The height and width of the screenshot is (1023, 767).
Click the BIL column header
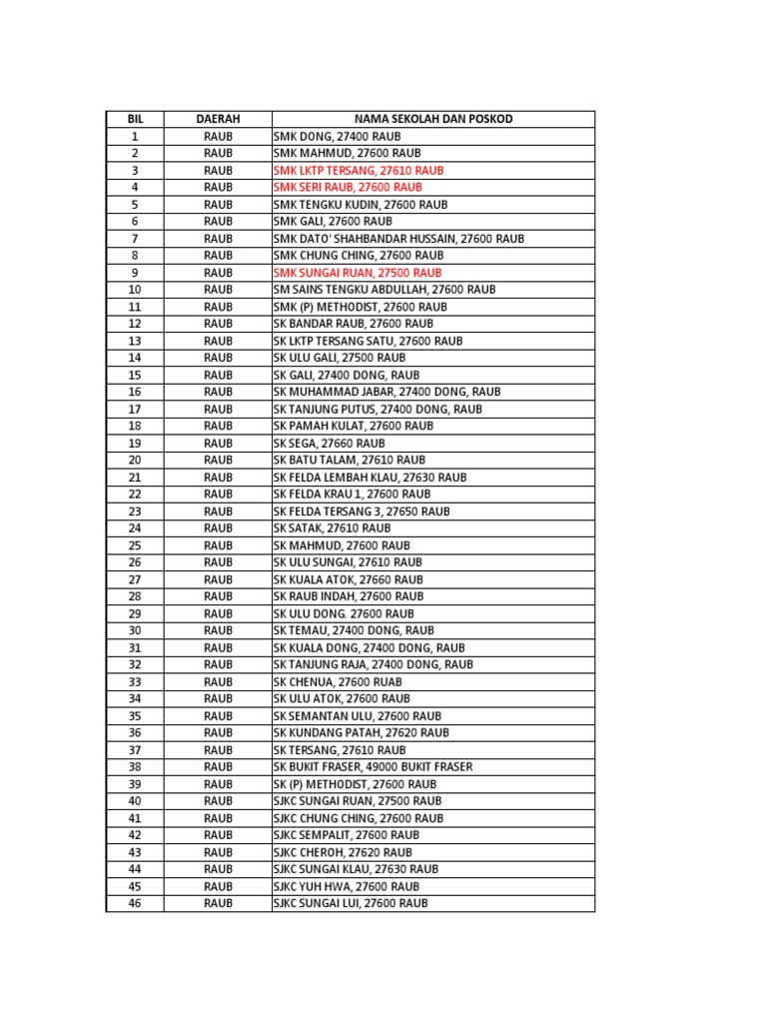[135, 119]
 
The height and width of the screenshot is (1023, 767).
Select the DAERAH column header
[218, 119]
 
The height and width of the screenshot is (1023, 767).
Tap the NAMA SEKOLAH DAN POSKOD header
[432, 119]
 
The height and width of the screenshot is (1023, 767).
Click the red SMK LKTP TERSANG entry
[359, 171]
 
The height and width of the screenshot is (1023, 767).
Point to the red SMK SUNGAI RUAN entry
[357, 273]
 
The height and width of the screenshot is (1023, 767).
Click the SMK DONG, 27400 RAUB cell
[337, 136]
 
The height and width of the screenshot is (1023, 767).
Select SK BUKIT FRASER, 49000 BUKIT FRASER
[373, 767]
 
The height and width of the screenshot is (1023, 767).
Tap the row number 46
[135, 903]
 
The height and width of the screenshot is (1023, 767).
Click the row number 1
[135, 136]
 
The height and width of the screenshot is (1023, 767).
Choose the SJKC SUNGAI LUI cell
[350, 903]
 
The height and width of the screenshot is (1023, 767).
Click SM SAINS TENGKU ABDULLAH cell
[384, 290]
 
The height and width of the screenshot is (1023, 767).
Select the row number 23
[135, 511]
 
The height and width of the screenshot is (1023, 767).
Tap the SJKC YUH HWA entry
[346, 886]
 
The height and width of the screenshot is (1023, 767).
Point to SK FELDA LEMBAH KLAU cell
[370, 478]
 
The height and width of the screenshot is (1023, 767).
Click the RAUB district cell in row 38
[218, 767]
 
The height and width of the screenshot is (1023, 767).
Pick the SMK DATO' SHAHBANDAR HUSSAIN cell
[398, 239]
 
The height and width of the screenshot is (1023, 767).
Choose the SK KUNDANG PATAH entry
[361, 733]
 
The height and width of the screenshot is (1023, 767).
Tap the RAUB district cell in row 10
[218, 290]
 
